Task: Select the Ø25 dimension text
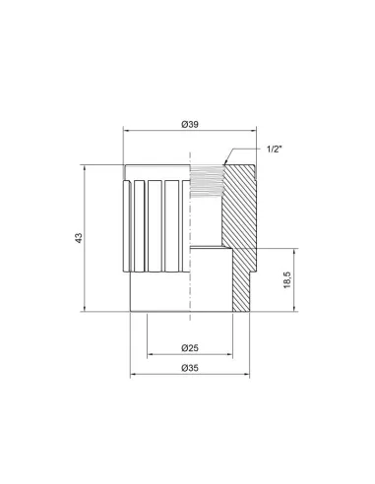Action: pyautogui.click(x=191, y=348)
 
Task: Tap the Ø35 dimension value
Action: pyautogui.click(x=191, y=368)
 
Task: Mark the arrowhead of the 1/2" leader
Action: pyautogui.click(x=225, y=164)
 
